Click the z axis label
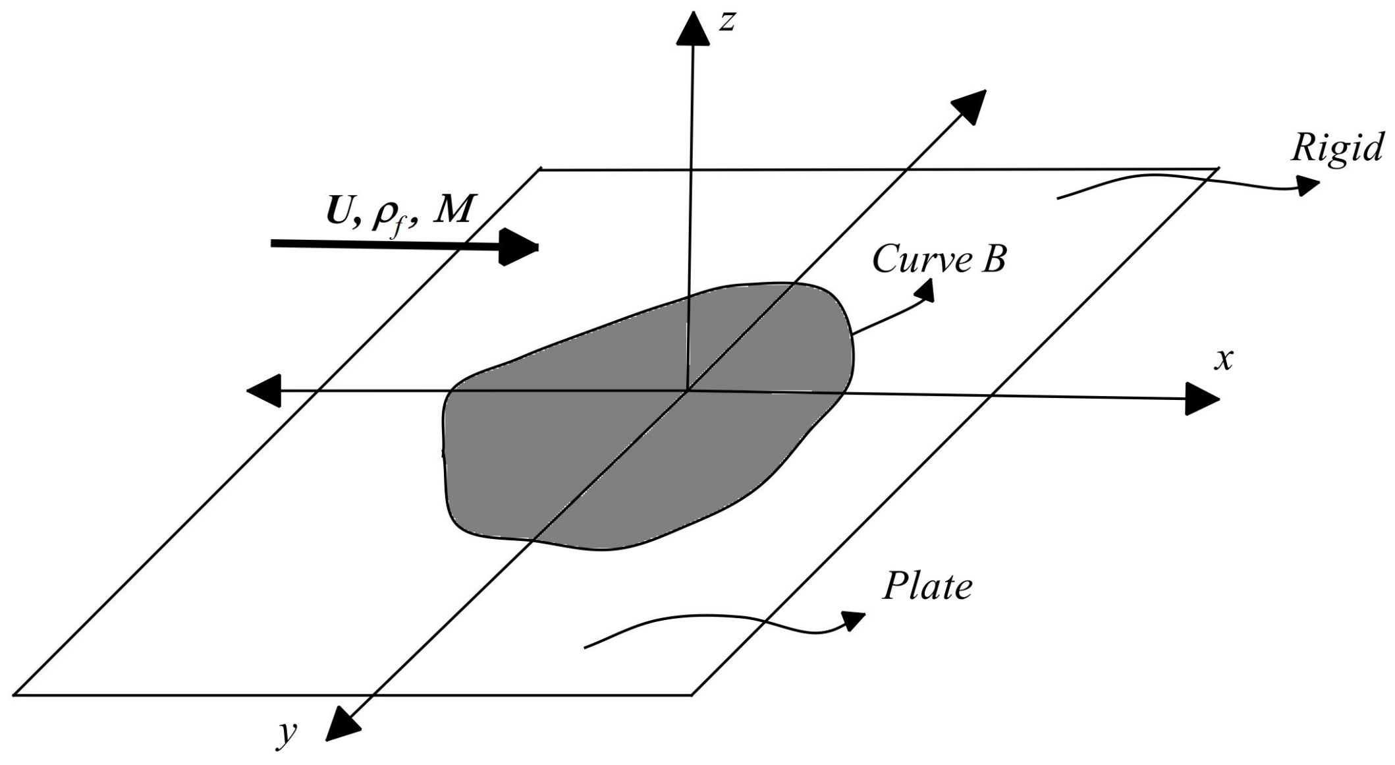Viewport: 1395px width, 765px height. pos(726,22)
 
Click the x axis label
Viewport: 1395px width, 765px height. pos(1223,360)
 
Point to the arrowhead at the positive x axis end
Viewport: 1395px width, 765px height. pos(1201,399)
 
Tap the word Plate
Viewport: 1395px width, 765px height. pos(927,586)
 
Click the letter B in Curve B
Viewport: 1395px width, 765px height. pos(993,260)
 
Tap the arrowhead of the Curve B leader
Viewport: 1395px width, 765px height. pos(926,291)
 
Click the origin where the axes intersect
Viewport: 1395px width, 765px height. pos(688,391)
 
